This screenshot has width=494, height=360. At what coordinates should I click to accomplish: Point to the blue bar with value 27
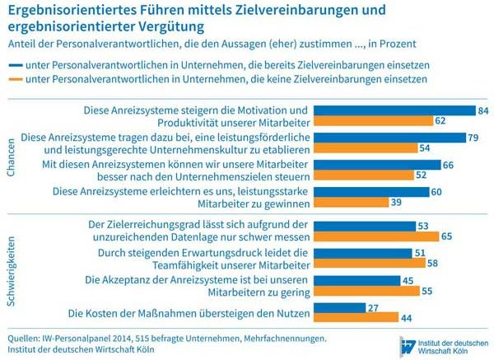pos(341,307)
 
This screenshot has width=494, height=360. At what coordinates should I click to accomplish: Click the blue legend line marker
pos(14,63)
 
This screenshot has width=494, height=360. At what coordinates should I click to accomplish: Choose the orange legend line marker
pos(14,79)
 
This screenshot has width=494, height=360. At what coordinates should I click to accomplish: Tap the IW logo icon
pos(406,344)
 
